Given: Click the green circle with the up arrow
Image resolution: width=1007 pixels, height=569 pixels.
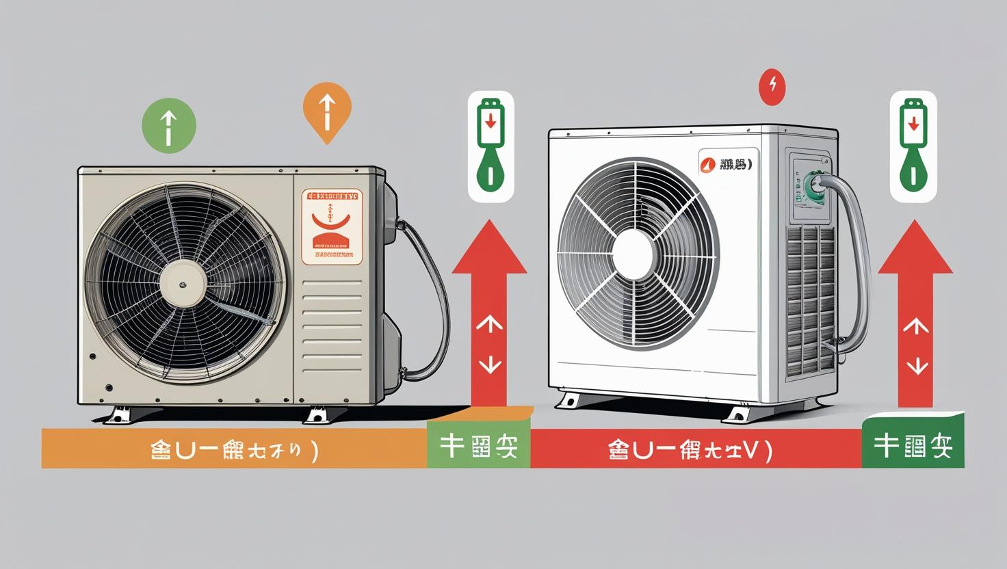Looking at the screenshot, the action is click(x=168, y=126).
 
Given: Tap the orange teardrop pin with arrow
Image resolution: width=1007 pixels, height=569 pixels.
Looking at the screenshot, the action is click(x=327, y=110).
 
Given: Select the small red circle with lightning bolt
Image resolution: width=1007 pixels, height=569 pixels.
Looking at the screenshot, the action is click(x=772, y=87).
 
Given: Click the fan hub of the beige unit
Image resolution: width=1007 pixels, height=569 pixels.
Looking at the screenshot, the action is click(x=183, y=284).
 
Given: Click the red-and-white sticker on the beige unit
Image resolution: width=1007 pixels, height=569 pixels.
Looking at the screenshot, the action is click(x=332, y=226).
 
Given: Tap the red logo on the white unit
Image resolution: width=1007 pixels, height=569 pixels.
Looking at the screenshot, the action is click(x=708, y=164).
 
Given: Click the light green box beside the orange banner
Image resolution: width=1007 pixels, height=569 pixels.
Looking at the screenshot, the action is click(x=478, y=446).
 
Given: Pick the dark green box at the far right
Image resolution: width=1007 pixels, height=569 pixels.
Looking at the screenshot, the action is click(x=913, y=446).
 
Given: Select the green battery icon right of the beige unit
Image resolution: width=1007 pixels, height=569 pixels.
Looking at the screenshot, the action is click(x=491, y=146).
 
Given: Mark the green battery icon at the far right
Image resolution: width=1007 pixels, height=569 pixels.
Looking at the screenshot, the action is click(x=913, y=146).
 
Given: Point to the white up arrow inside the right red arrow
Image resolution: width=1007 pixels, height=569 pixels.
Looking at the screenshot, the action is click(x=915, y=326).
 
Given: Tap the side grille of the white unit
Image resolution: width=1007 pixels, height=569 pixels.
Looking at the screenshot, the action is click(x=810, y=301).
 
